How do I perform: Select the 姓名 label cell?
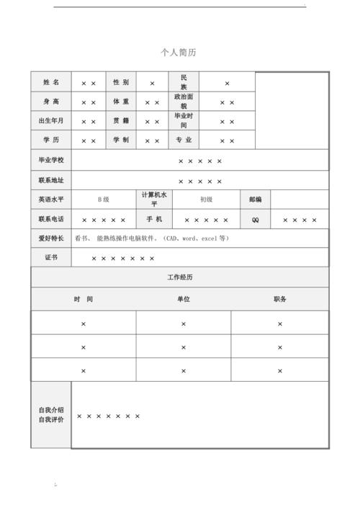pos(51,83)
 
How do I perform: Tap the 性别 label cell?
pos(121,83)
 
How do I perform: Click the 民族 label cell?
pos(184,82)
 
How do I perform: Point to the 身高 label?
pos(51,102)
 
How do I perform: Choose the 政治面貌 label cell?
pos(184,102)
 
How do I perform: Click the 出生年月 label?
pos(51,121)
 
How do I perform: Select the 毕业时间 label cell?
pos(184,120)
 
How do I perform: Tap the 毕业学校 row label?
pos(51,160)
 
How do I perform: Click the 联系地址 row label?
pos(51,180)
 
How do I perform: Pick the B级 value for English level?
pos(104,200)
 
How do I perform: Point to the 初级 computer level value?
pos(206,200)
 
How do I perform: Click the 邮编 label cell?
pos(256,200)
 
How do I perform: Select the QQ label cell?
pos(256,220)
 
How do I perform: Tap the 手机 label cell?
pos(154,219)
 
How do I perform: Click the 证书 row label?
pos(51,257)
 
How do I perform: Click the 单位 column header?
pos(184,299)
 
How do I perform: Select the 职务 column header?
pos(280,299)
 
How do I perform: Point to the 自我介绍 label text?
pos(51,409)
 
